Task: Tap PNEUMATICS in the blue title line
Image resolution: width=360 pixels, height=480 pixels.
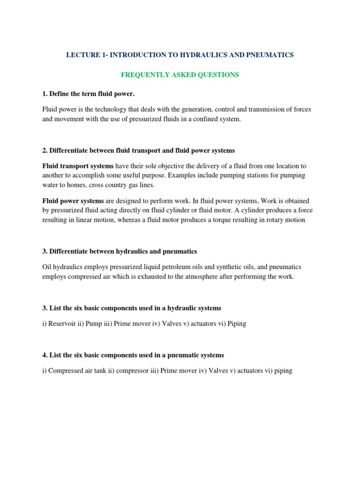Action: (270, 55)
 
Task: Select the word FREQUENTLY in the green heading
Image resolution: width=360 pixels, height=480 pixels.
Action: (142, 75)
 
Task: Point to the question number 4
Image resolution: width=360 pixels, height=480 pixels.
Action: (44, 355)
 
